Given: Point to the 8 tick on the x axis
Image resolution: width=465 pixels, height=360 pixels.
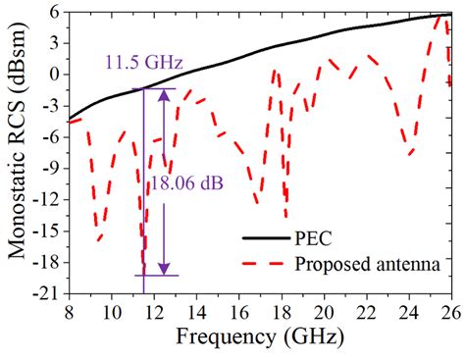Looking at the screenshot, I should [x=69, y=314].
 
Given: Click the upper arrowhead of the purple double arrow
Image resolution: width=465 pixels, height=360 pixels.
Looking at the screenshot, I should [x=164, y=95].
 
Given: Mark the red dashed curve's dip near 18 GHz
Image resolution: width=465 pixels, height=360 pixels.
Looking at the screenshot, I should [x=286, y=216].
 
